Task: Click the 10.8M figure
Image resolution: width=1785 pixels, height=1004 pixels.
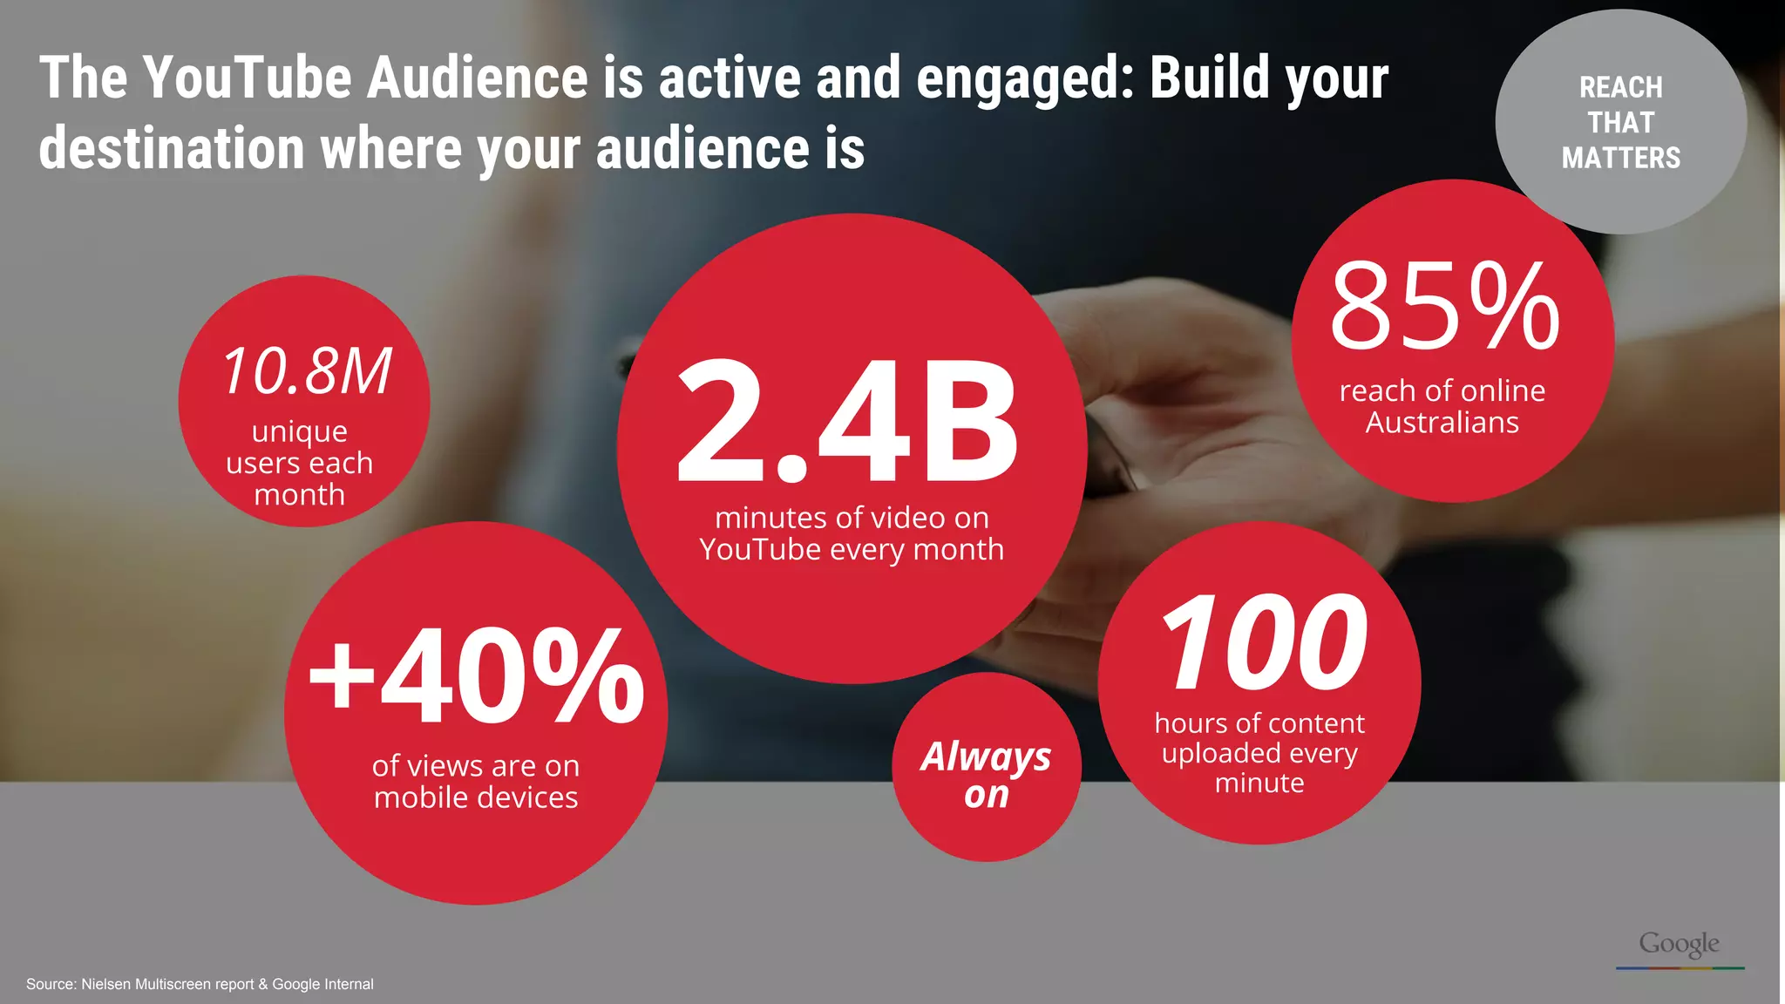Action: [307, 371]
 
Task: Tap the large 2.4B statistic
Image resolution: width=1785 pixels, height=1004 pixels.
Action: [847, 421]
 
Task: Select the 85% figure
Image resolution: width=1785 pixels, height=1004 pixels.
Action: [1444, 306]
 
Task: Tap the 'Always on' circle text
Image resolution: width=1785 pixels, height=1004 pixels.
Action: [987, 775]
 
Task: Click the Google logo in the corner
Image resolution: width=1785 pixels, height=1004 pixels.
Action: [1679, 944]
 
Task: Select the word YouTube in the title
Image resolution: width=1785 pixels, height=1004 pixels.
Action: [248, 78]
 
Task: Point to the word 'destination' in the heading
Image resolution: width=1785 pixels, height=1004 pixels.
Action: [172, 148]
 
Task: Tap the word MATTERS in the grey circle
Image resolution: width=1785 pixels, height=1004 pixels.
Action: [1620, 158]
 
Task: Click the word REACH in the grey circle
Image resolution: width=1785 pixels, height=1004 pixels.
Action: [1620, 87]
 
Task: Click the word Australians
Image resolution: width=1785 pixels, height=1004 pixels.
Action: [1442, 423]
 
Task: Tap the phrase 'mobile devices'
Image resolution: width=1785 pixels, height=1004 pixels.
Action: [476, 797]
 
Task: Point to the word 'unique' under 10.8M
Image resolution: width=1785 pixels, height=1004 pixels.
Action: [300, 431]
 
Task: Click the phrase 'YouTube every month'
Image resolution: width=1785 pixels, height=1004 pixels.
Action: [852, 550]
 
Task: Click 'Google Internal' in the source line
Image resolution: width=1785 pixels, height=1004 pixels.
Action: [322, 984]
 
